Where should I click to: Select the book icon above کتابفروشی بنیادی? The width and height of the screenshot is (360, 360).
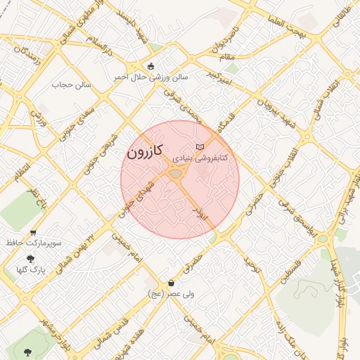(202, 146)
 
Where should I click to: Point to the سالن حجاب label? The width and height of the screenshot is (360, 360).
(68, 85)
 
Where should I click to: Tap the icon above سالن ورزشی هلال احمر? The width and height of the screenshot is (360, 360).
(150, 65)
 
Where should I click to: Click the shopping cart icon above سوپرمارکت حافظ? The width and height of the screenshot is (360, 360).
(33, 232)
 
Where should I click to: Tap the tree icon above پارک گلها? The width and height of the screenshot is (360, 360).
(30, 259)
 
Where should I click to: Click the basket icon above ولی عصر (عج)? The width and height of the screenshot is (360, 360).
(171, 283)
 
